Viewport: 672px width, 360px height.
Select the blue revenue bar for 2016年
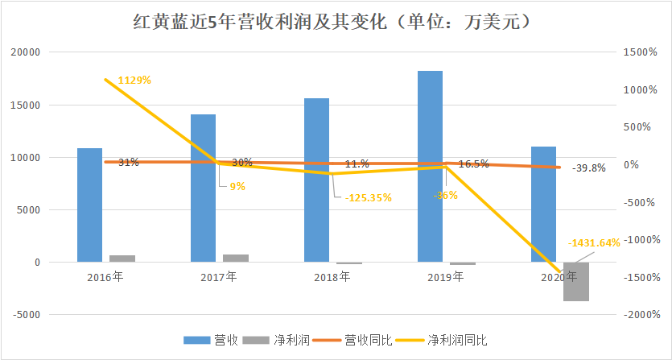coord(89,205)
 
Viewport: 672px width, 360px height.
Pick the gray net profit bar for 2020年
coord(575,281)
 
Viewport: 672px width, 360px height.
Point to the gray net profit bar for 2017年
coord(236,258)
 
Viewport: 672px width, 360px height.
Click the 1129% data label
coord(134,80)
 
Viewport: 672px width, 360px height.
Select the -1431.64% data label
coord(594,242)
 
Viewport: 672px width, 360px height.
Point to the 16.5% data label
coord(473,163)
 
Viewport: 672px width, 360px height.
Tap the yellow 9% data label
coord(237,187)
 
